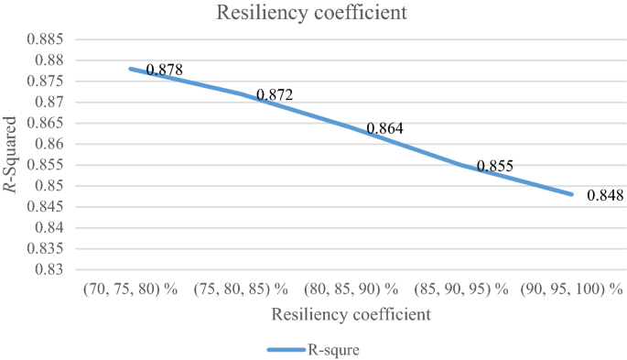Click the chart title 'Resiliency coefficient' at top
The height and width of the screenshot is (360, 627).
[x=314, y=14]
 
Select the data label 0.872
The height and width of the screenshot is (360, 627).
[x=275, y=94]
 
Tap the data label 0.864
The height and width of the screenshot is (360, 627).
[x=384, y=129]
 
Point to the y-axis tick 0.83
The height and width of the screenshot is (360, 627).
[x=49, y=269]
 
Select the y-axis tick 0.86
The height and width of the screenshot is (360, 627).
[x=49, y=145]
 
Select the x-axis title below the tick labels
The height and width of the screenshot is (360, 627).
[x=351, y=314]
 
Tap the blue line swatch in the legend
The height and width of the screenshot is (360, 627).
[x=288, y=349]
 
